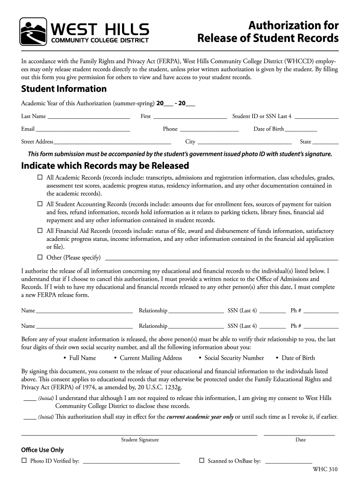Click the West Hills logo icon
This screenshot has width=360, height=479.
(33, 31)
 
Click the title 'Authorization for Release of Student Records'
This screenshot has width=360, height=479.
(267, 31)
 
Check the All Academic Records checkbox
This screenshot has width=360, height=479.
(40, 178)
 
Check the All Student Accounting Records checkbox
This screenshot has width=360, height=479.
(40, 204)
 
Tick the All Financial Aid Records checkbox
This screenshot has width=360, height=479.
(40, 231)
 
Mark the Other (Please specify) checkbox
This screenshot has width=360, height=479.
(40, 257)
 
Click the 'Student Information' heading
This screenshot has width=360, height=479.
(64, 89)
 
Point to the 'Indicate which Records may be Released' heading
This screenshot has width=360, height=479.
(105, 166)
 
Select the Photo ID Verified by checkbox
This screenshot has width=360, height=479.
(24, 461)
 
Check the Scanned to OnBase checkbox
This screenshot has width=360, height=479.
(202, 461)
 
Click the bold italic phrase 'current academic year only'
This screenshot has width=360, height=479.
(200, 417)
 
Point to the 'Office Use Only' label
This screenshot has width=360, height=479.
(43, 450)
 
